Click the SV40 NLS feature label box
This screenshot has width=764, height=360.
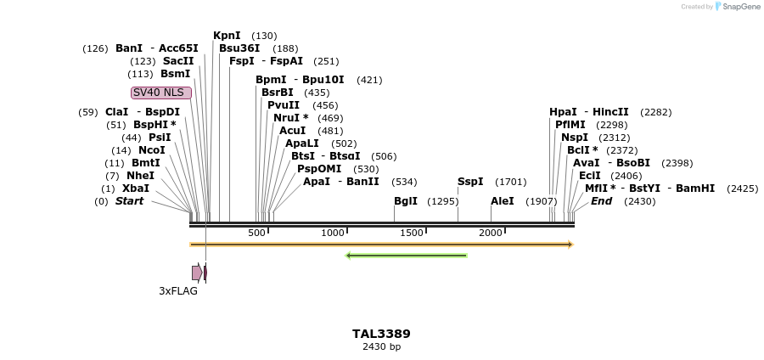(x=160, y=93)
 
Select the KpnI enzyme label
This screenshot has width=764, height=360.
(x=227, y=36)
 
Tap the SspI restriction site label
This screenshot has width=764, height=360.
(x=470, y=182)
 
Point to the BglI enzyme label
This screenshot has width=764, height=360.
(x=406, y=201)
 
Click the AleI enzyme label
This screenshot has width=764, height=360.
(x=503, y=201)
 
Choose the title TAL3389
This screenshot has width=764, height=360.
(x=381, y=334)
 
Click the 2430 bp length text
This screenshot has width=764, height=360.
(x=381, y=346)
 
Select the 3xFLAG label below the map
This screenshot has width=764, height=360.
(x=178, y=290)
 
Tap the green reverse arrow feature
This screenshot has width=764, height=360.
(x=406, y=255)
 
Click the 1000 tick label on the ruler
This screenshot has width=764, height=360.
(x=333, y=233)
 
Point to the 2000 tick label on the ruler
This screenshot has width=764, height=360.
(x=491, y=233)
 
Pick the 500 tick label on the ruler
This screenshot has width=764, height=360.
(x=256, y=233)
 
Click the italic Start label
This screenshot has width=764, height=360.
(x=130, y=201)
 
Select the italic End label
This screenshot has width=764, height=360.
(x=601, y=201)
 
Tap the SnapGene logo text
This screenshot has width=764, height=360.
(x=741, y=7)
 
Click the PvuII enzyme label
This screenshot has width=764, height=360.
(x=284, y=105)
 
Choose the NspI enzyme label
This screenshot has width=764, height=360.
(x=575, y=138)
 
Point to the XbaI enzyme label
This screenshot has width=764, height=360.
(x=136, y=188)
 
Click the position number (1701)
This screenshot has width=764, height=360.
(x=511, y=182)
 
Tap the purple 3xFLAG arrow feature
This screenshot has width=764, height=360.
(x=197, y=273)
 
